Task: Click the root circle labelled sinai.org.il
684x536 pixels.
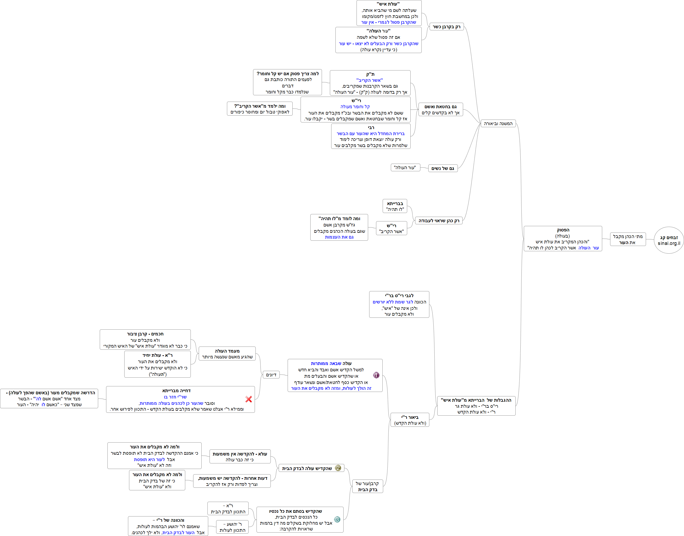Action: (x=669, y=240)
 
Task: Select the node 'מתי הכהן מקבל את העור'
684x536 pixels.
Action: (x=628, y=239)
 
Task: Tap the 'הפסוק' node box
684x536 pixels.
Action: (x=563, y=239)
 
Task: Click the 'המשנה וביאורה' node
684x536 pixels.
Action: (x=498, y=124)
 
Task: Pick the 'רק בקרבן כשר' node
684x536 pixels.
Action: (x=446, y=27)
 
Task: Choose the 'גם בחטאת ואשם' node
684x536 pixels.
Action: (x=440, y=110)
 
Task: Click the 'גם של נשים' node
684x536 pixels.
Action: (x=443, y=169)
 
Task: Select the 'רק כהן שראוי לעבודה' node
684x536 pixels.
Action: (x=438, y=221)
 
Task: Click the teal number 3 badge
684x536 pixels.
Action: (x=337, y=519)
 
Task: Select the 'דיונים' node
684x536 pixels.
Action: (x=271, y=375)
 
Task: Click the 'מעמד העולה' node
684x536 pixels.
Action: (x=227, y=354)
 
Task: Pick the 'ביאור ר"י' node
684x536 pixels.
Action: (x=410, y=420)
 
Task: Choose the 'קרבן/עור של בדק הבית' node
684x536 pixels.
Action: (x=367, y=486)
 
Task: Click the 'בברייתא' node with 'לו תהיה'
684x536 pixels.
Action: (x=395, y=206)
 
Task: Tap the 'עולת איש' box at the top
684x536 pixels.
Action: (x=389, y=13)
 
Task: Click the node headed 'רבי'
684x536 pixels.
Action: (x=370, y=136)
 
